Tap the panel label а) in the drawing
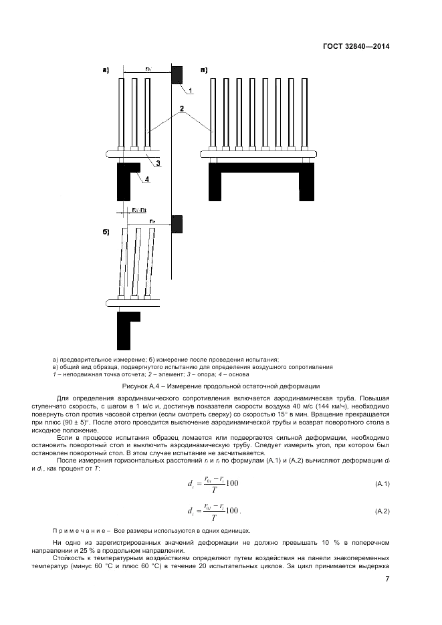pyautogui.click(x=106, y=70)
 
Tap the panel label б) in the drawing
pyautogui.click(x=106, y=232)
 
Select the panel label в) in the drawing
pyautogui.click(x=204, y=70)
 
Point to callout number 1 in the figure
pyautogui.click(x=189, y=90)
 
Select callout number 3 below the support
pyautogui.click(x=158, y=162)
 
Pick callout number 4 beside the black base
pyautogui.click(x=147, y=178)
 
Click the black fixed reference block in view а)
pyautogui.click(x=177, y=74)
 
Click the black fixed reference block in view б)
pyautogui.click(x=177, y=224)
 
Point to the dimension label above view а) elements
pyautogui.click(x=148, y=68)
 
